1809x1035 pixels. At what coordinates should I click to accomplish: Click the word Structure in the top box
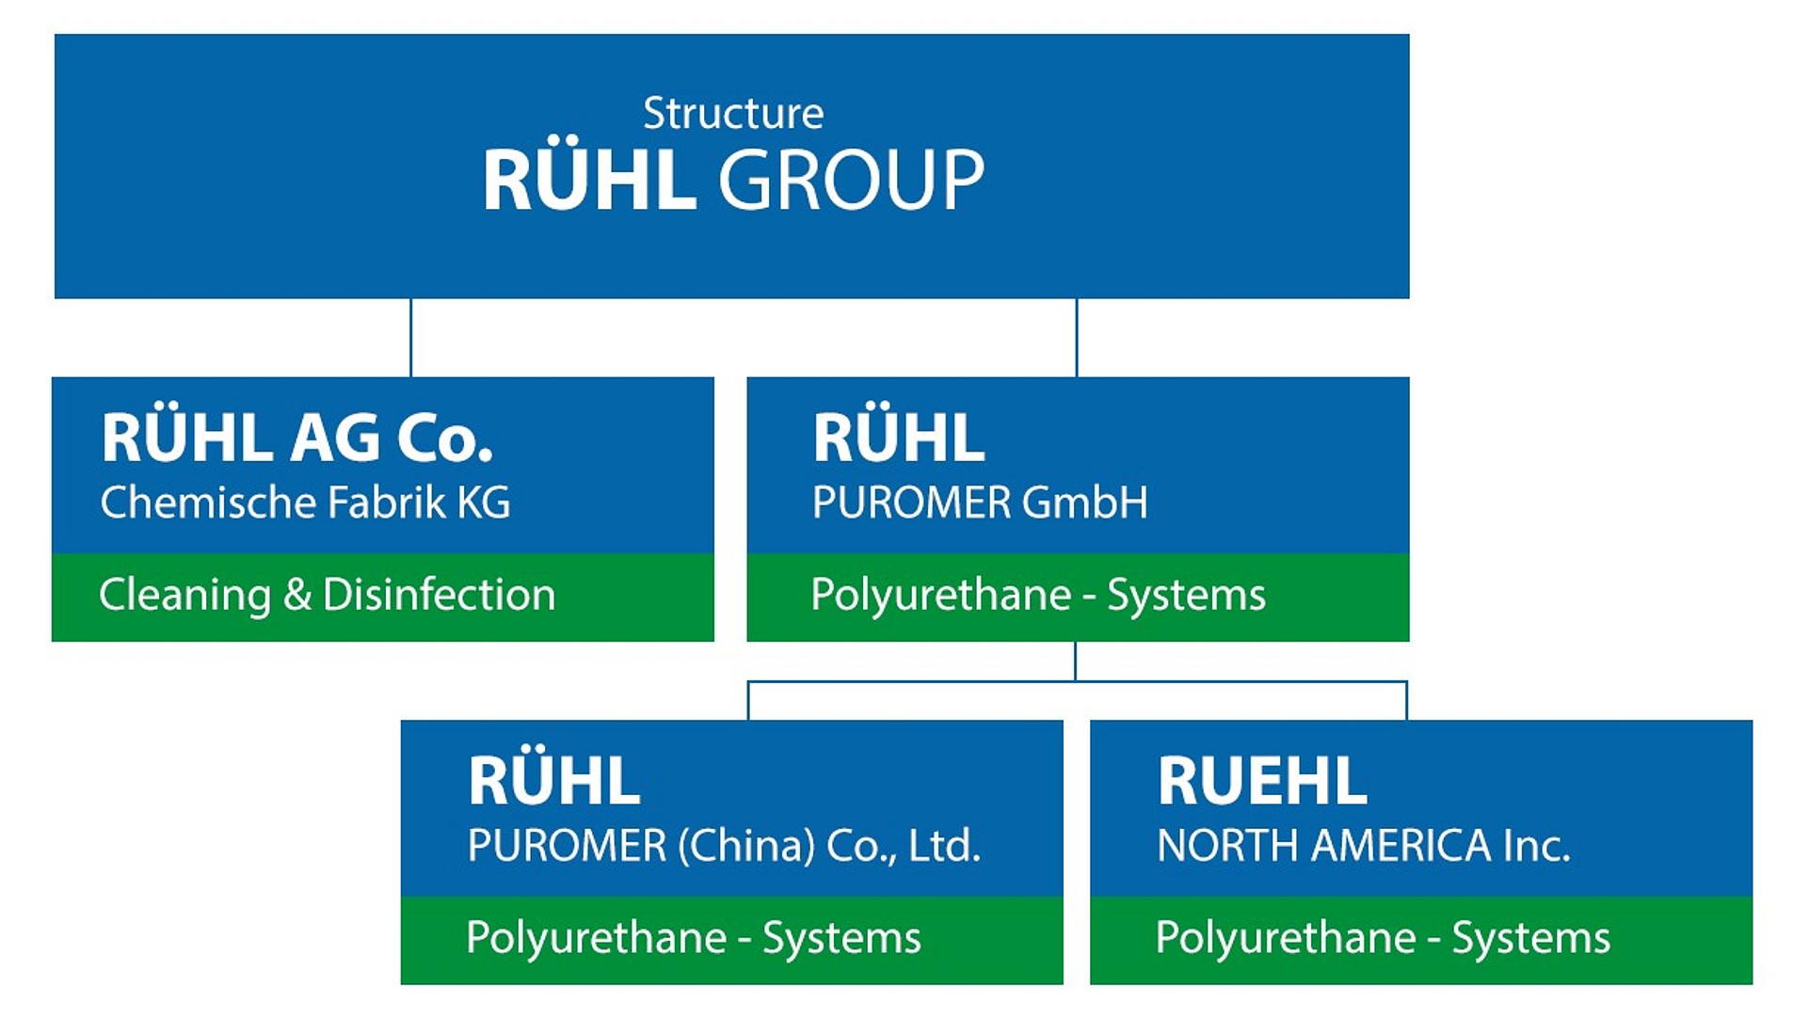733,114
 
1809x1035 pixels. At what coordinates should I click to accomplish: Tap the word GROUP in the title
852,180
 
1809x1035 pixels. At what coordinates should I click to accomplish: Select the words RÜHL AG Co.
297,438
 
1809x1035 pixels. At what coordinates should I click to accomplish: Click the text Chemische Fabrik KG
305,502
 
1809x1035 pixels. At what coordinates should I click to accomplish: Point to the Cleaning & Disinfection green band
383,597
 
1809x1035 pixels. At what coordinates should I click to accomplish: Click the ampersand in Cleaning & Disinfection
296,596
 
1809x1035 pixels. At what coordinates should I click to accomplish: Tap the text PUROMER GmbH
980,502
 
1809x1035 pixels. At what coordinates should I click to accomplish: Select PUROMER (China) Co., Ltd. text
724,846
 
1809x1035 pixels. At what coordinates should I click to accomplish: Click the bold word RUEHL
1261,782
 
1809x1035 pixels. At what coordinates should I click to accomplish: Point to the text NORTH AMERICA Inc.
1364,846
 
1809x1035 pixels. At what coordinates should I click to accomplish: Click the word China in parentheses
746,846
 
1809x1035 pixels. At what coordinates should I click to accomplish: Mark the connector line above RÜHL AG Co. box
411,338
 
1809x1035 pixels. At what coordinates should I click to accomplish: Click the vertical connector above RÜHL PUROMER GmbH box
1077,338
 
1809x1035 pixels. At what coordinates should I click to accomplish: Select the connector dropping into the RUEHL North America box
1407,701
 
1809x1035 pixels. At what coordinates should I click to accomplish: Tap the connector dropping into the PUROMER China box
748,701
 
